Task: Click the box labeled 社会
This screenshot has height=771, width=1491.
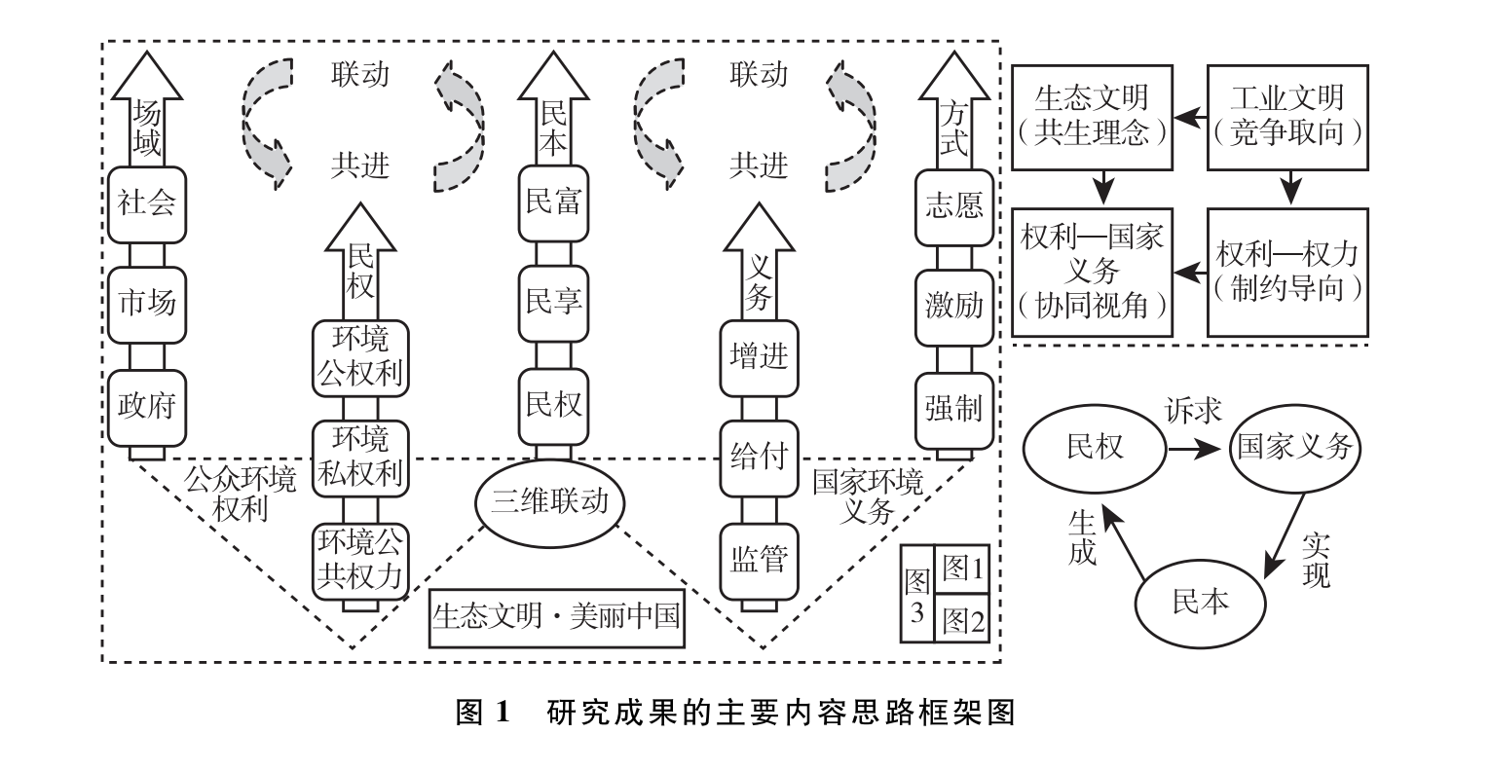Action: pyautogui.click(x=147, y=204)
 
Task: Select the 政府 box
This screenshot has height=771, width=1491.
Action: pyautogui.click(x=147, y=406)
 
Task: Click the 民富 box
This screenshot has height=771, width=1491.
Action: pyautogui.click(x=553, y=203)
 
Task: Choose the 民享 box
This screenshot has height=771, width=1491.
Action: pyautogui.click(x=553, y=303)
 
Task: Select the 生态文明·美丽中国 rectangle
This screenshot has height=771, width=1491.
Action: pyautogui.click(x=556, y=616)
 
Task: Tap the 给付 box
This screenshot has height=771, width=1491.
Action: pyautogui.click(x=759, y=456)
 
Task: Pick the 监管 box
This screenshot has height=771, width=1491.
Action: pyautogui.click(x=759, y=559)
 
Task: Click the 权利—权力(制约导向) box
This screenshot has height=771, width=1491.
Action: pyautogui.click(x=1287, y=272)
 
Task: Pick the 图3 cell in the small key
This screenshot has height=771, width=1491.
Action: pyautogui.click(x=916, y=593)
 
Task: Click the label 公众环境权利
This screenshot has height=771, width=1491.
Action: pyautogui.click(x=239, y=493)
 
